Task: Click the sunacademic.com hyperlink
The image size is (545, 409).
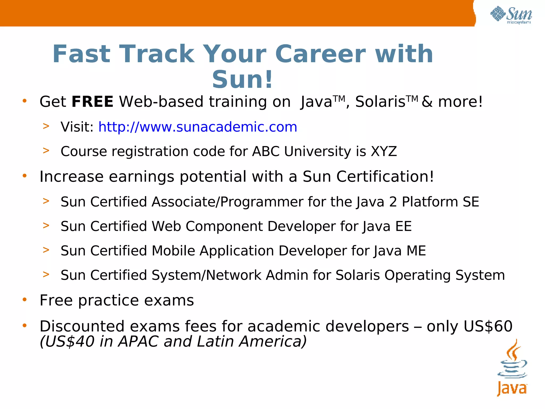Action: pyautogui.click(x=197, y=127)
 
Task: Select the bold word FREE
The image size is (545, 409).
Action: pyautogui.click(x=92, y=102)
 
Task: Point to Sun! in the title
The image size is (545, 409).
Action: pyautogui.click(x=242, y=79)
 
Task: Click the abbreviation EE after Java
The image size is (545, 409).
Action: pyautogui.click(x=403, y=226)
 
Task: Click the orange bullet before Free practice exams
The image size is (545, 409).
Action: pyautogui.click(x=24, y=300)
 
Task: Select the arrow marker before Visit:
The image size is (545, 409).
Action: pyautogui.click(x=46, y=126)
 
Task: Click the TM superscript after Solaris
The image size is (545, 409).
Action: pyautogui.click(x=412, y=99)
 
